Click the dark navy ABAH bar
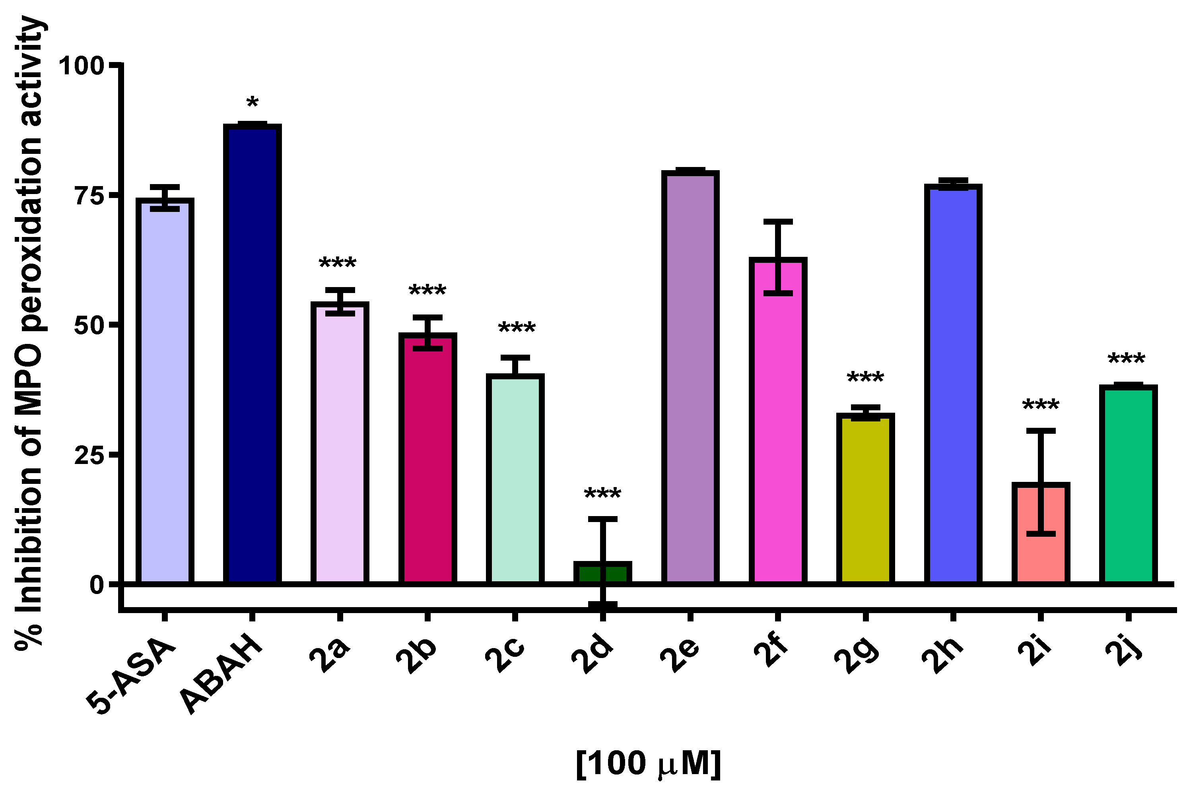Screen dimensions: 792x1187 (x=253, y=353)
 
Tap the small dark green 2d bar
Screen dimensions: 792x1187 (x=602, y=573)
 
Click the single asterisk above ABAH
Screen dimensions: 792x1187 (x=253, y=103)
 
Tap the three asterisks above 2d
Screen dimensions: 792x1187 (x=602, y=494)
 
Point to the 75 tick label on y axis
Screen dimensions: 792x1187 (x=89, y=196)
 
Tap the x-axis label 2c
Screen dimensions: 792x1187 (x=505, y=655)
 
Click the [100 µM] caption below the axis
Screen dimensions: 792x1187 (x=649, y=763)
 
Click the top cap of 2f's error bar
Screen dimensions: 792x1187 (x=778, y=222)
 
